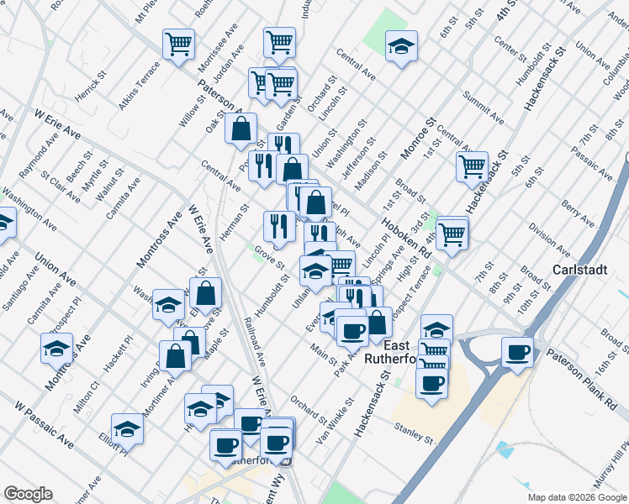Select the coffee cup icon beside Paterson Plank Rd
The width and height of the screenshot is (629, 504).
(517, 351)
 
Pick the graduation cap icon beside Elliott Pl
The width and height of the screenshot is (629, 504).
(127, 428)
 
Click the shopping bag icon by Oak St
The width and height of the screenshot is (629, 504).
(241, 128)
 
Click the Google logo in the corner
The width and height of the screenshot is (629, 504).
(28, 494)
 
